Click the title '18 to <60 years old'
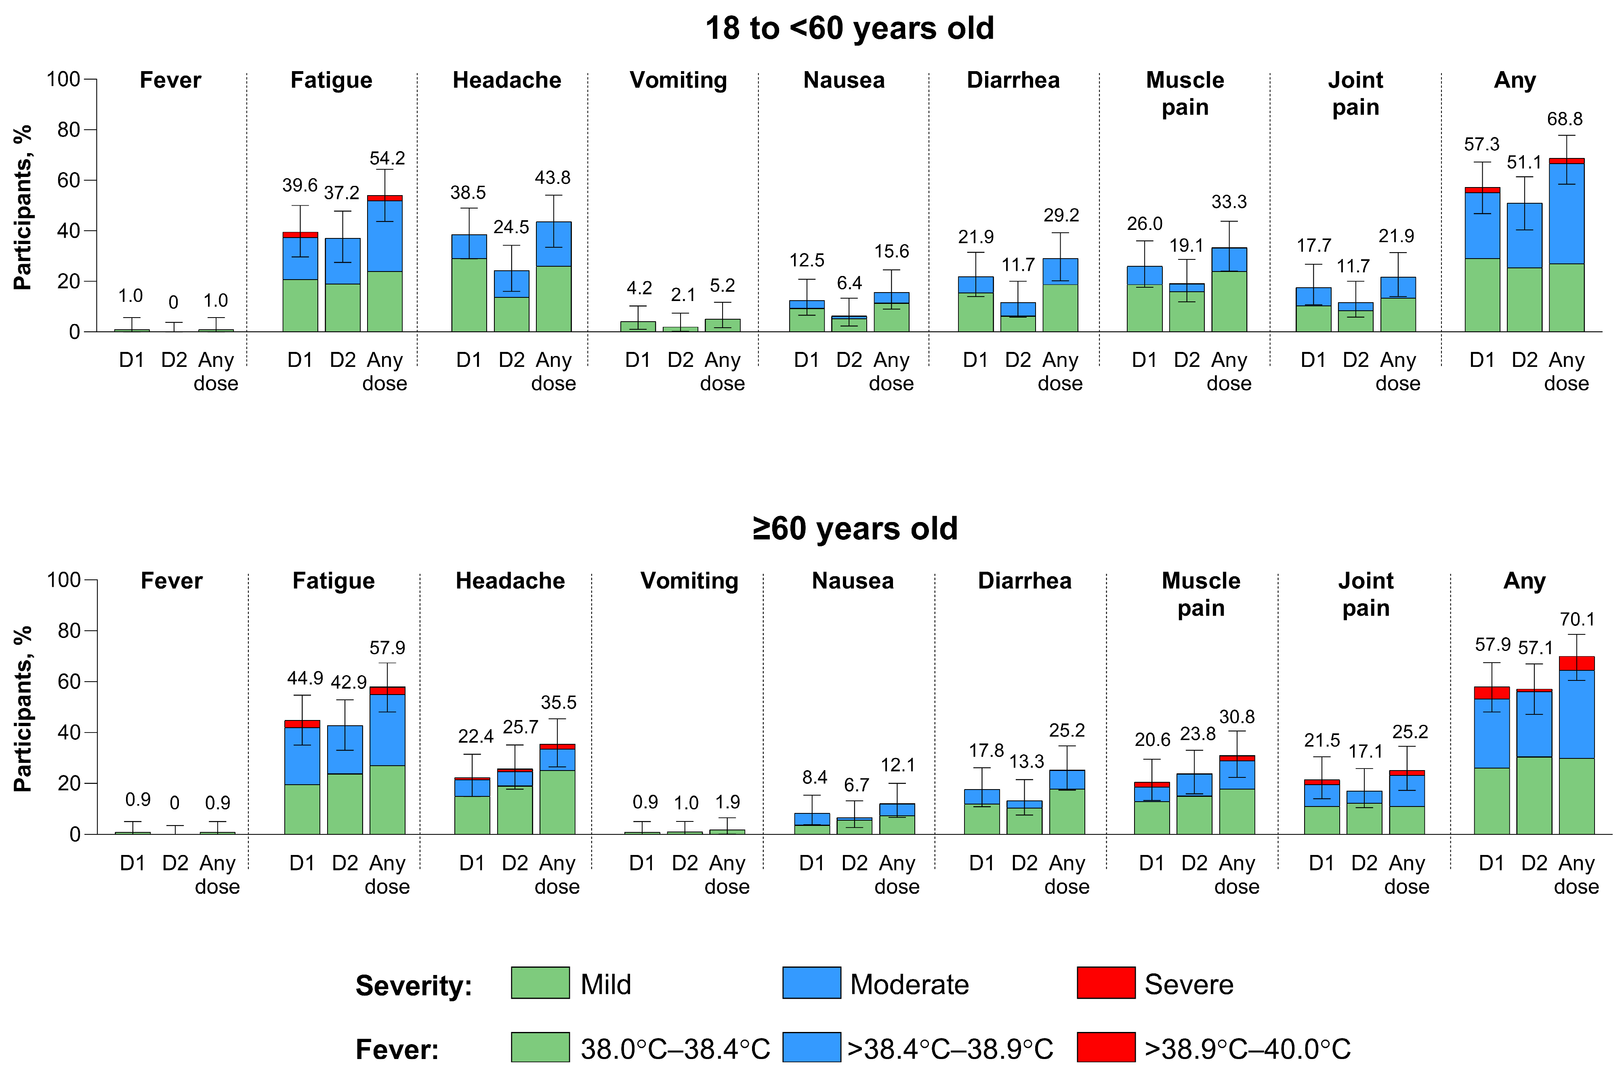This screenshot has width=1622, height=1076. [849, 29]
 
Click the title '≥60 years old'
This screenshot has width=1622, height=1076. [855, 529]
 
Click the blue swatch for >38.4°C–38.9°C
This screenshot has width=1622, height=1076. [811, 1047]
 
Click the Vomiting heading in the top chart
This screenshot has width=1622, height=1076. [678, 80]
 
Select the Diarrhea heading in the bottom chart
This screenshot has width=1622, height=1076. [1024, 581]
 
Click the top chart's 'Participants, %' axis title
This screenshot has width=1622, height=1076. [23, 207]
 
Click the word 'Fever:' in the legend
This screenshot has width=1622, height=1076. [397, 1050]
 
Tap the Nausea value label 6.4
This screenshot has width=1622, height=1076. [849, 283]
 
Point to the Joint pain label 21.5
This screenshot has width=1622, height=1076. [1322, 741]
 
